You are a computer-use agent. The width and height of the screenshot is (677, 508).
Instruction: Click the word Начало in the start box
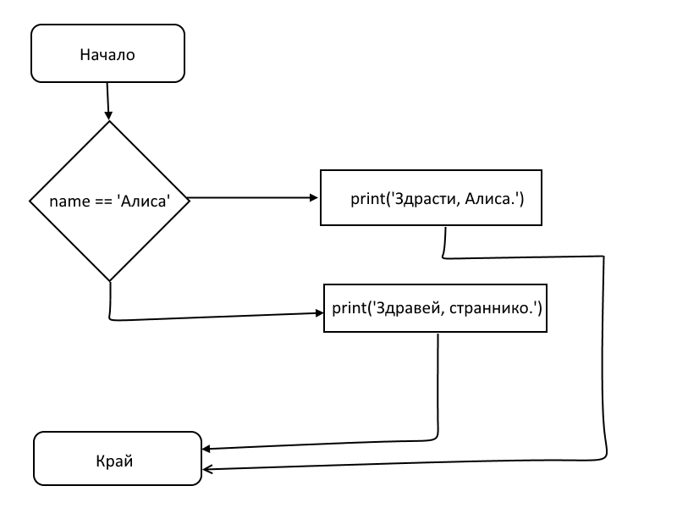coord(107,56)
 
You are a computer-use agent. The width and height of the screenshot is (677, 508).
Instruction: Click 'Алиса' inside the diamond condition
coord(144,202)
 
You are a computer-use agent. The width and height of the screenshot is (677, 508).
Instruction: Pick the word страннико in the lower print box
coord(492,309)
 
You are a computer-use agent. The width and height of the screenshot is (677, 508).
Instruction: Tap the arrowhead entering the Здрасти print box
coord(315,198)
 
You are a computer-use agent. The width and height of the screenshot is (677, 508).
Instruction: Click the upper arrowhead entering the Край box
coord(206,448)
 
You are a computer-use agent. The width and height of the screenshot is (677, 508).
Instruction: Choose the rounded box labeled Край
coord(117,458)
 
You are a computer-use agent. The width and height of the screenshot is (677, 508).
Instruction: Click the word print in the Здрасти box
coord(366,199)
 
